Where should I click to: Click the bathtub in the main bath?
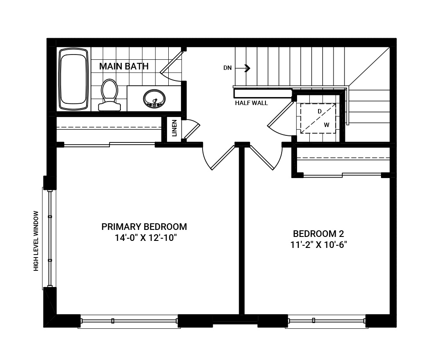(x=73, y=79)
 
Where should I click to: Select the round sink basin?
(x=154, y=98)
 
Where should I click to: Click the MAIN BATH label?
(x=123, y=66)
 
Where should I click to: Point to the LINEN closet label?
(x=174, y=128)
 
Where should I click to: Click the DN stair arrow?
(x=246, y=68)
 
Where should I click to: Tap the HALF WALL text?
(x=251, y=103)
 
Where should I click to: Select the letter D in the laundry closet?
(x=319, y=111)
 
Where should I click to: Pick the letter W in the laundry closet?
(x=326, y=125)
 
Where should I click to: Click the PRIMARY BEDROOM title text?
(x=144, y=227)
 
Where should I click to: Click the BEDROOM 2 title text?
(x=319, y=233)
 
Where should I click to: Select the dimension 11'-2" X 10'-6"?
(x=319, y=245)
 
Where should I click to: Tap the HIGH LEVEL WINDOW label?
(x=36, y=241)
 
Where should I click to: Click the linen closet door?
(x=192, y=130)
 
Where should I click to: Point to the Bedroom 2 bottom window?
(x=326, y=321)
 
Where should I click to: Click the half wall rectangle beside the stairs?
(x=263, y=93)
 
